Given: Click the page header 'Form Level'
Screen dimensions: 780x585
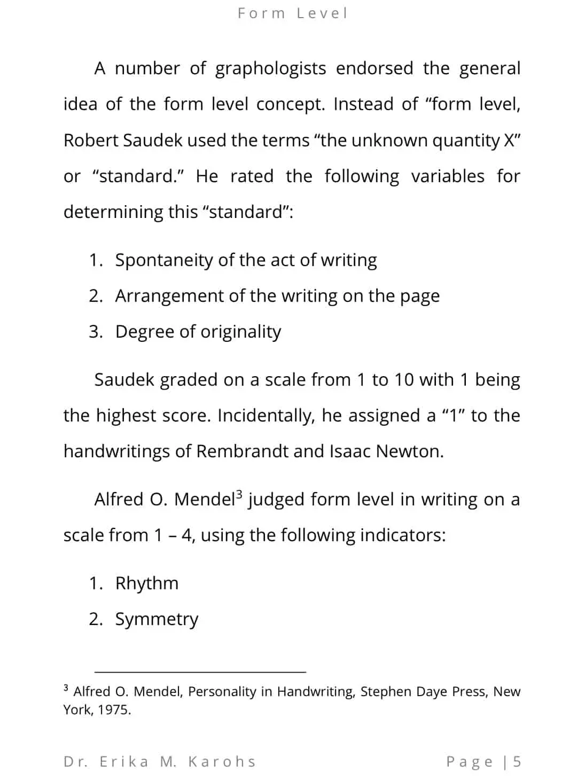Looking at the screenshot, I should coord(292,13).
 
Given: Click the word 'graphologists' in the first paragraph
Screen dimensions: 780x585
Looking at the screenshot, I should coord(270,69).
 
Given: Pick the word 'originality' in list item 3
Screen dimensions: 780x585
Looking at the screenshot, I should coord(240,332).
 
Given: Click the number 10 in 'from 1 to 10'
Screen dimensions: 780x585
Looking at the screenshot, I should coord(403,380).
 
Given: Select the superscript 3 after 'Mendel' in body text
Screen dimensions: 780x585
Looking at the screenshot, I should coord(239,494).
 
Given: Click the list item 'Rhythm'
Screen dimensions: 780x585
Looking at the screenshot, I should coord(147,583).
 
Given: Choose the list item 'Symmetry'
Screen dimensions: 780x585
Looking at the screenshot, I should coord(157,619).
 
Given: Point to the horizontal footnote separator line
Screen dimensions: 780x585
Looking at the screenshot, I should coord(200,672).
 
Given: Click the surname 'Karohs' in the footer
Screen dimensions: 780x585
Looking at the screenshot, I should coord(222,761).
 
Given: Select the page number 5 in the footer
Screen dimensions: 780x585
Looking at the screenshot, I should coord(516,761).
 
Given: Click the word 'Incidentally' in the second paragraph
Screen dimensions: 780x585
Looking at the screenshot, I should coord(267,416).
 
